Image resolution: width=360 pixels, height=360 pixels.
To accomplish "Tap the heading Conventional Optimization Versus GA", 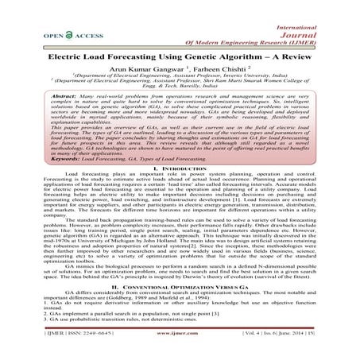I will coord(182,285).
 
